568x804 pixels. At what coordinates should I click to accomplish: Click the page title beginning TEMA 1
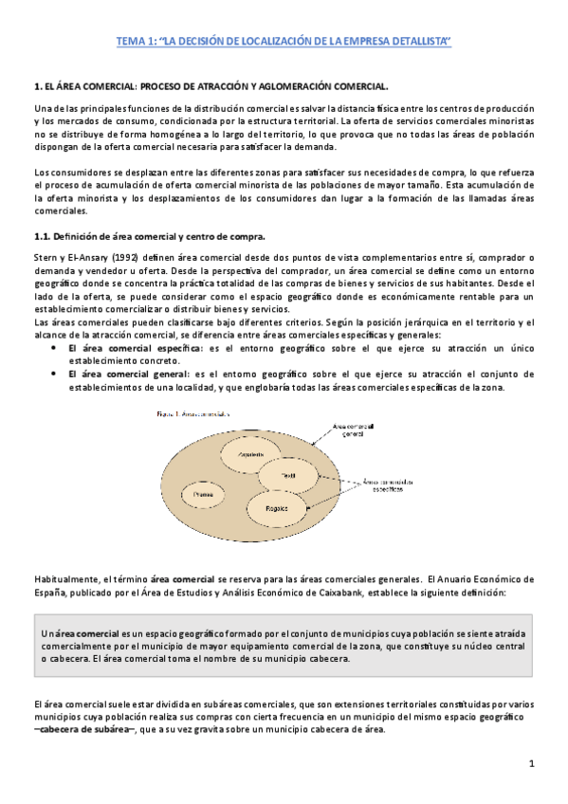click(x=284, y=41)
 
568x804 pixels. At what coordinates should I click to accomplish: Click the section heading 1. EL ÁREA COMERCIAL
click(x=211, y=86)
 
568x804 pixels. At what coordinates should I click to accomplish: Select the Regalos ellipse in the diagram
click(x=275, y=507)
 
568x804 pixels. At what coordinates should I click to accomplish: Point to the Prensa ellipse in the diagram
click(x=203, y=494)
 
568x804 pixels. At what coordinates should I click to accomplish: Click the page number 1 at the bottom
click(x=532, y=764)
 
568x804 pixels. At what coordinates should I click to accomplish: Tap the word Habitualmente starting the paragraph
click(x=65, y=578)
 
